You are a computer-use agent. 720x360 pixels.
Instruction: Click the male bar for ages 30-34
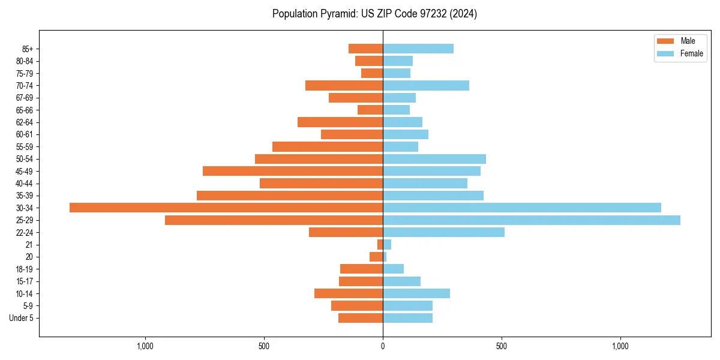pos(226,208)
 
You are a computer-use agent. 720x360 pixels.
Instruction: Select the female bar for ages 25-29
pos(532,220)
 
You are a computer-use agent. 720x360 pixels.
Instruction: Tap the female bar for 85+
pos(418,49)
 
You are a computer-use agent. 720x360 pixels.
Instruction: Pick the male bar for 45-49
pos(293,171)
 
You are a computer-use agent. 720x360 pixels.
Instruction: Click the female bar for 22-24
pos(443,232)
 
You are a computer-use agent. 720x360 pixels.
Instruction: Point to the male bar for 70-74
pos(344,85)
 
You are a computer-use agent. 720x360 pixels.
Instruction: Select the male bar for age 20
pos(376,257)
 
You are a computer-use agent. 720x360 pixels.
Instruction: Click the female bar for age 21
pos(387,244)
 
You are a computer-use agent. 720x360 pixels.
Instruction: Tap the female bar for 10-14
pos(416,293)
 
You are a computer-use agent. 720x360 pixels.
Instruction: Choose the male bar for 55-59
pos(328,146)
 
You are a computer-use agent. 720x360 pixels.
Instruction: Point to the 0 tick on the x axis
pos(383,346)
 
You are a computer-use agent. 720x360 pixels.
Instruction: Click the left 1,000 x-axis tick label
pos(145,346)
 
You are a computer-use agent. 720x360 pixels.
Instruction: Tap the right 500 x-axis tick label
pos(502,346)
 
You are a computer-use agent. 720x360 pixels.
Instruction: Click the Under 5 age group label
pos(21,318)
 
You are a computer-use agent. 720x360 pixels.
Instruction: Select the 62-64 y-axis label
pos(25,122)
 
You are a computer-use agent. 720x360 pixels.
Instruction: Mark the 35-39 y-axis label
pos(25,196)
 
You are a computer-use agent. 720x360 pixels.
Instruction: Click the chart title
pos(374,14)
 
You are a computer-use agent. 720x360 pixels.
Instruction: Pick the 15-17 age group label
pos(25,281)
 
